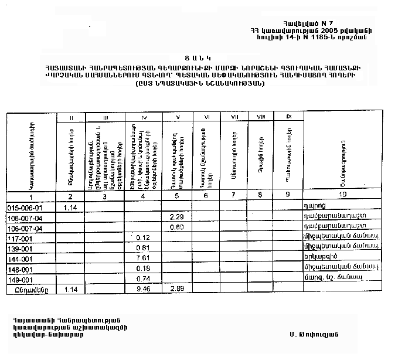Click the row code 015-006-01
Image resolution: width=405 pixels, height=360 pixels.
25,208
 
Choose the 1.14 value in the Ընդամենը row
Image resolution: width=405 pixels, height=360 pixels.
71,289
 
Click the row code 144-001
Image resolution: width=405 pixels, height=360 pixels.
21,258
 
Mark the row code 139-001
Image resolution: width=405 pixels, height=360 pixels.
21,247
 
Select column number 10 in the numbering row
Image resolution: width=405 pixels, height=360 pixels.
343,195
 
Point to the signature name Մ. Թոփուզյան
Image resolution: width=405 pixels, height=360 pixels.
313,334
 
